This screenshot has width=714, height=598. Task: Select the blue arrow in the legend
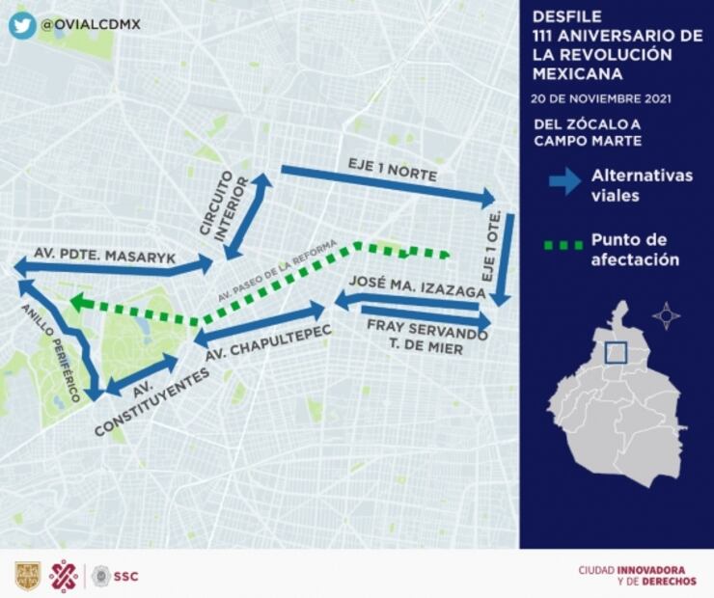point(563,179)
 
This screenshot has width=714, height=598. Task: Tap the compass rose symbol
point(666,315)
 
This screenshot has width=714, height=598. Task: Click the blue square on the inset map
point(615,353)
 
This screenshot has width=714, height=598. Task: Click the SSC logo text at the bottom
point(126,576)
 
